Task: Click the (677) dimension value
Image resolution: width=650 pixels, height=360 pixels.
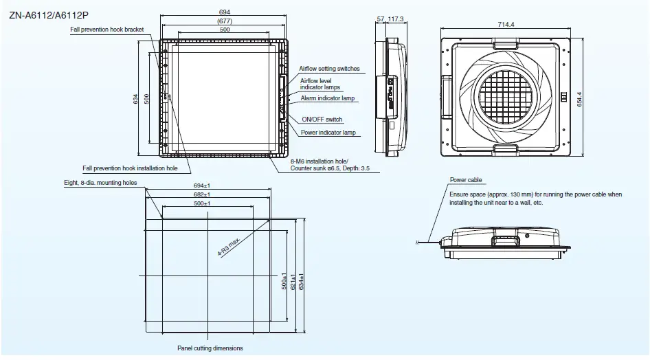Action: [224, 21]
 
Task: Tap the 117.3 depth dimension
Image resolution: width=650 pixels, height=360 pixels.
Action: [396, 19]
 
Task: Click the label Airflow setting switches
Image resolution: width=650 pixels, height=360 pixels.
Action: [329, 69]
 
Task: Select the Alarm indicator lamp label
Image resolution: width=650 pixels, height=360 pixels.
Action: [327, 98]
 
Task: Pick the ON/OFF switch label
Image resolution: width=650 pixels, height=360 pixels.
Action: [322, 120]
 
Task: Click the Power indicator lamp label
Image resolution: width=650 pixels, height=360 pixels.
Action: [328, 132]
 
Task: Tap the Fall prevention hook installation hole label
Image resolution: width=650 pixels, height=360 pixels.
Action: [130, 168]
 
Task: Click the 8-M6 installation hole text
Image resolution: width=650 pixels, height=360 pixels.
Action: [320, 161]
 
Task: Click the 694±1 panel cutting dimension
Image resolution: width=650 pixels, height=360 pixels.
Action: [201, 186]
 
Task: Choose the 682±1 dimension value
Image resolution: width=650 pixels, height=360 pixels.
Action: [201, 195]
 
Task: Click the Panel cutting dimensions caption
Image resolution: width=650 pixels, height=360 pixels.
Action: [210, 348]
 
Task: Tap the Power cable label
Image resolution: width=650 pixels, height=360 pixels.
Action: [466, 180]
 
